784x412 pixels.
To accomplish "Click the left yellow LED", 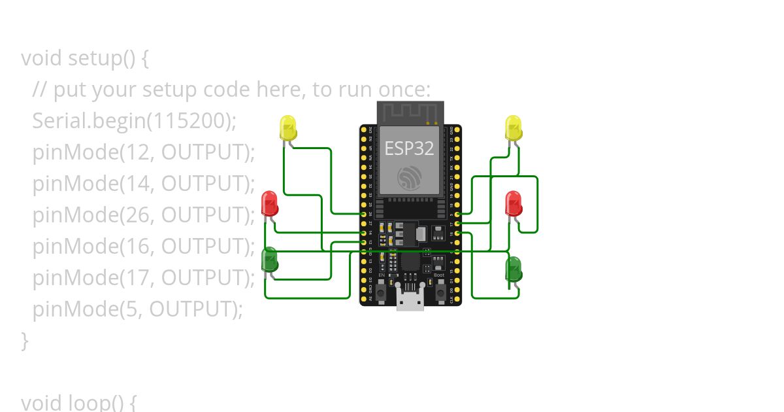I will (x=287, y=127).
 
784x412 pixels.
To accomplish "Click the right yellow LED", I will (x=514, y=127).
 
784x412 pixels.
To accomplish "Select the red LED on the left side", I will (x=269, y=203).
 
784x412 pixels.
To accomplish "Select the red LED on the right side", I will (x=514, y=203).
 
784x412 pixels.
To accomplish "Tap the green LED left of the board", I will (x=269, y=260).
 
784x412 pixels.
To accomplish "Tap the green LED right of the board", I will (x=514, y=269).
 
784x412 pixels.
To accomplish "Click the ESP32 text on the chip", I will (x=409, y=148).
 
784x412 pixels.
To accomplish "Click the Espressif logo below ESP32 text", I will (x=410, y=177).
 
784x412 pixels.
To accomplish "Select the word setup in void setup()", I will (x=95, y=58).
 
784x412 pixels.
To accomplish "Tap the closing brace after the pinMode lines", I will (x=25, y=339).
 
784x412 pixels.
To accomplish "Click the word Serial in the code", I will (x=59, y=120).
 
